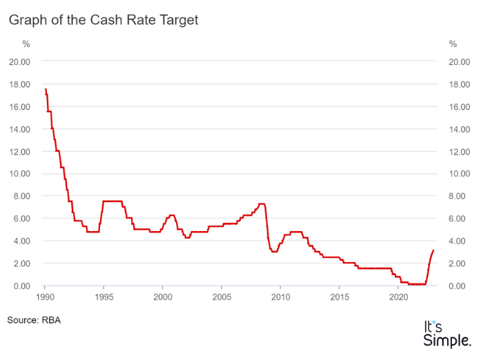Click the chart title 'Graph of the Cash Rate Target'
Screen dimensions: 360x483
click(x=103, y=20)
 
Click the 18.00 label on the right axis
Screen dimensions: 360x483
click(x=460, y=84)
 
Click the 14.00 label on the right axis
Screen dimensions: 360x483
click(x=460, y=129)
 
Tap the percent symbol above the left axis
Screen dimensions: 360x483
click(x=26, y=44)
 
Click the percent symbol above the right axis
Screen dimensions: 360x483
click(x=453, y=44)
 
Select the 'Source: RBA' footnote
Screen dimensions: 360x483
click(x=34, y=320)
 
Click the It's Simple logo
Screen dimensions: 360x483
click(x=447, y=333)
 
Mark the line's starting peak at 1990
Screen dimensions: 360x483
click(x=46, y=89)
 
